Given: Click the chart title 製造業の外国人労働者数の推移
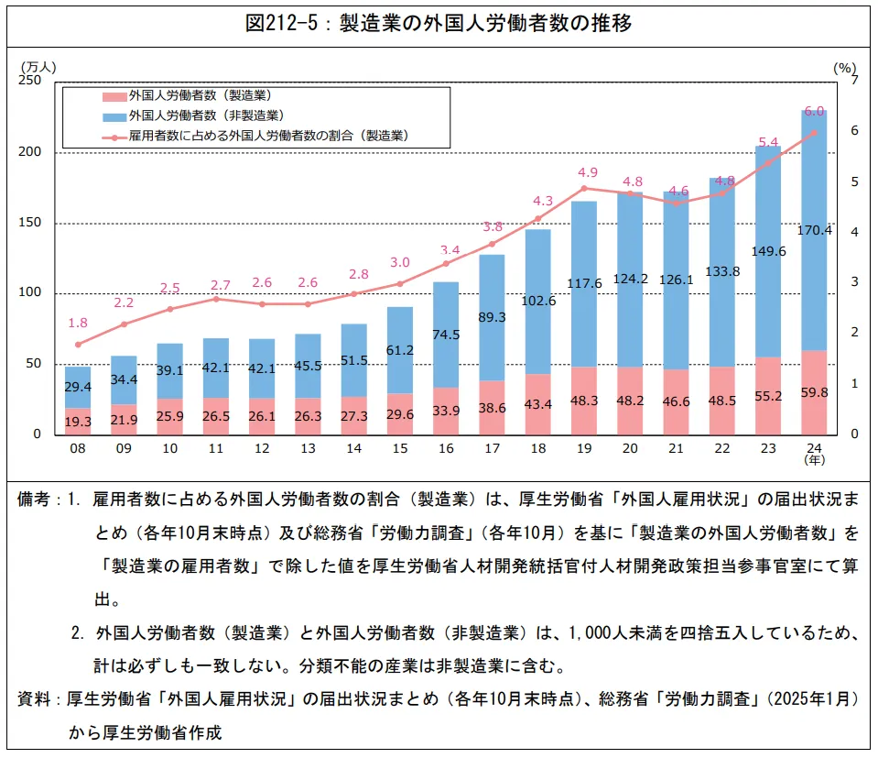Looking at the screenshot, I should tap(439, 24).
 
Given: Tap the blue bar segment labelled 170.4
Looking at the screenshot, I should tap(814, 230).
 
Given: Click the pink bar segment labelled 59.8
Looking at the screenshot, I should tap(814, 392).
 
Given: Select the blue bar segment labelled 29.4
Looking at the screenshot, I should tap(78, 387).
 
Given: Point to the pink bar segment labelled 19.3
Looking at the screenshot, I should tap(78, 422).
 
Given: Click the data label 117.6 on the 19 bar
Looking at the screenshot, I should tap(584, 283).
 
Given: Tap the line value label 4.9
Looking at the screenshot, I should tap(588, 172).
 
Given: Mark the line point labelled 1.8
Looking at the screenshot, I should tap(78, 345).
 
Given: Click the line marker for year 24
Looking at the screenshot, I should tap(814, 132).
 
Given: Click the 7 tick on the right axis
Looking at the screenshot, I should tap(854, 82).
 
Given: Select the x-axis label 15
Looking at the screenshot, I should tap(399, 449).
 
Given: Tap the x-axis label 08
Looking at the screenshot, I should tap(78, 449).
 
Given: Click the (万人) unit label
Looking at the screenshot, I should tap(38, 67).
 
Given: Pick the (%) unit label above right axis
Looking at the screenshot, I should tap(844, 67).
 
